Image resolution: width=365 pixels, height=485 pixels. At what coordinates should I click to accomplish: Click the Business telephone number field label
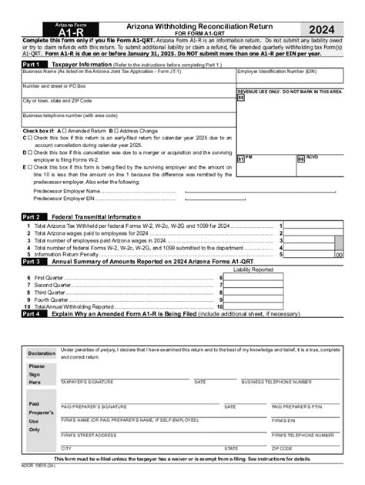70,115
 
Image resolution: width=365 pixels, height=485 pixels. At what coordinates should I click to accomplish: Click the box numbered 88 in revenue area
241,99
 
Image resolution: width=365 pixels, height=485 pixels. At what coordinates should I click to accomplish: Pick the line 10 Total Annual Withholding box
253,306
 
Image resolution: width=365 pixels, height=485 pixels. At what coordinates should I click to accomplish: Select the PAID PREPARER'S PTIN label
295,406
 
